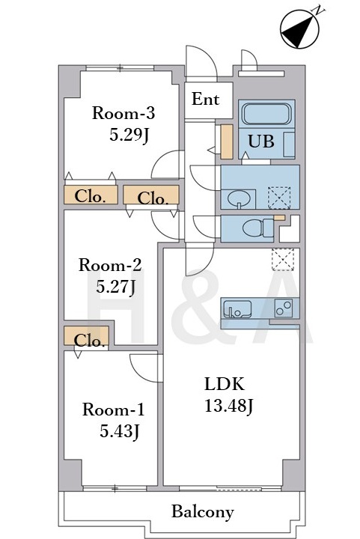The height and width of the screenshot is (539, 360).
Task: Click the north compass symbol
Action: click(300, 29)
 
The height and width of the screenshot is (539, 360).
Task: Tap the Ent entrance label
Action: click(205, 99)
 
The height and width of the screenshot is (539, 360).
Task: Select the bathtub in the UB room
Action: click(266, 114)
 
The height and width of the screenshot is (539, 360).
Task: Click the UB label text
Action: click(261, 141)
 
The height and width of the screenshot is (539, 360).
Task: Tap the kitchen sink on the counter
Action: click(237, 308)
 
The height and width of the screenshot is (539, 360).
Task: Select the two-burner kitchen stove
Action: click(284, 308)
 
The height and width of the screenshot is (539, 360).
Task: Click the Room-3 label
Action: click(123, 113)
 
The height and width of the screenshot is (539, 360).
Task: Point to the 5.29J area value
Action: click(129, 135)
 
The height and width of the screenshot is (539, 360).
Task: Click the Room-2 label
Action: click(110, 265)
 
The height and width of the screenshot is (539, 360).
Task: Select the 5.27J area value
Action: click(115, 287)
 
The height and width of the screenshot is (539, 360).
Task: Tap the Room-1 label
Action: click(113, 409)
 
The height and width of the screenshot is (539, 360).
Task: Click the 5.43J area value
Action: click(120, 431)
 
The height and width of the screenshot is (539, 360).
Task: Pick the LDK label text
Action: click(225, 384)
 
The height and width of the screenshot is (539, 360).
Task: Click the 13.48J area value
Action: click(229, 406)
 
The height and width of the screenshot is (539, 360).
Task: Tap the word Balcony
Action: click(203, 512)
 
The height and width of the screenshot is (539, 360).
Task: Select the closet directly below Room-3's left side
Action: click(91, 195)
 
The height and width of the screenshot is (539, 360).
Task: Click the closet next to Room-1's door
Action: click(87, 335)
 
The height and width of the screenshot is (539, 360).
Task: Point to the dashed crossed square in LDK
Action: click(283, 260)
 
